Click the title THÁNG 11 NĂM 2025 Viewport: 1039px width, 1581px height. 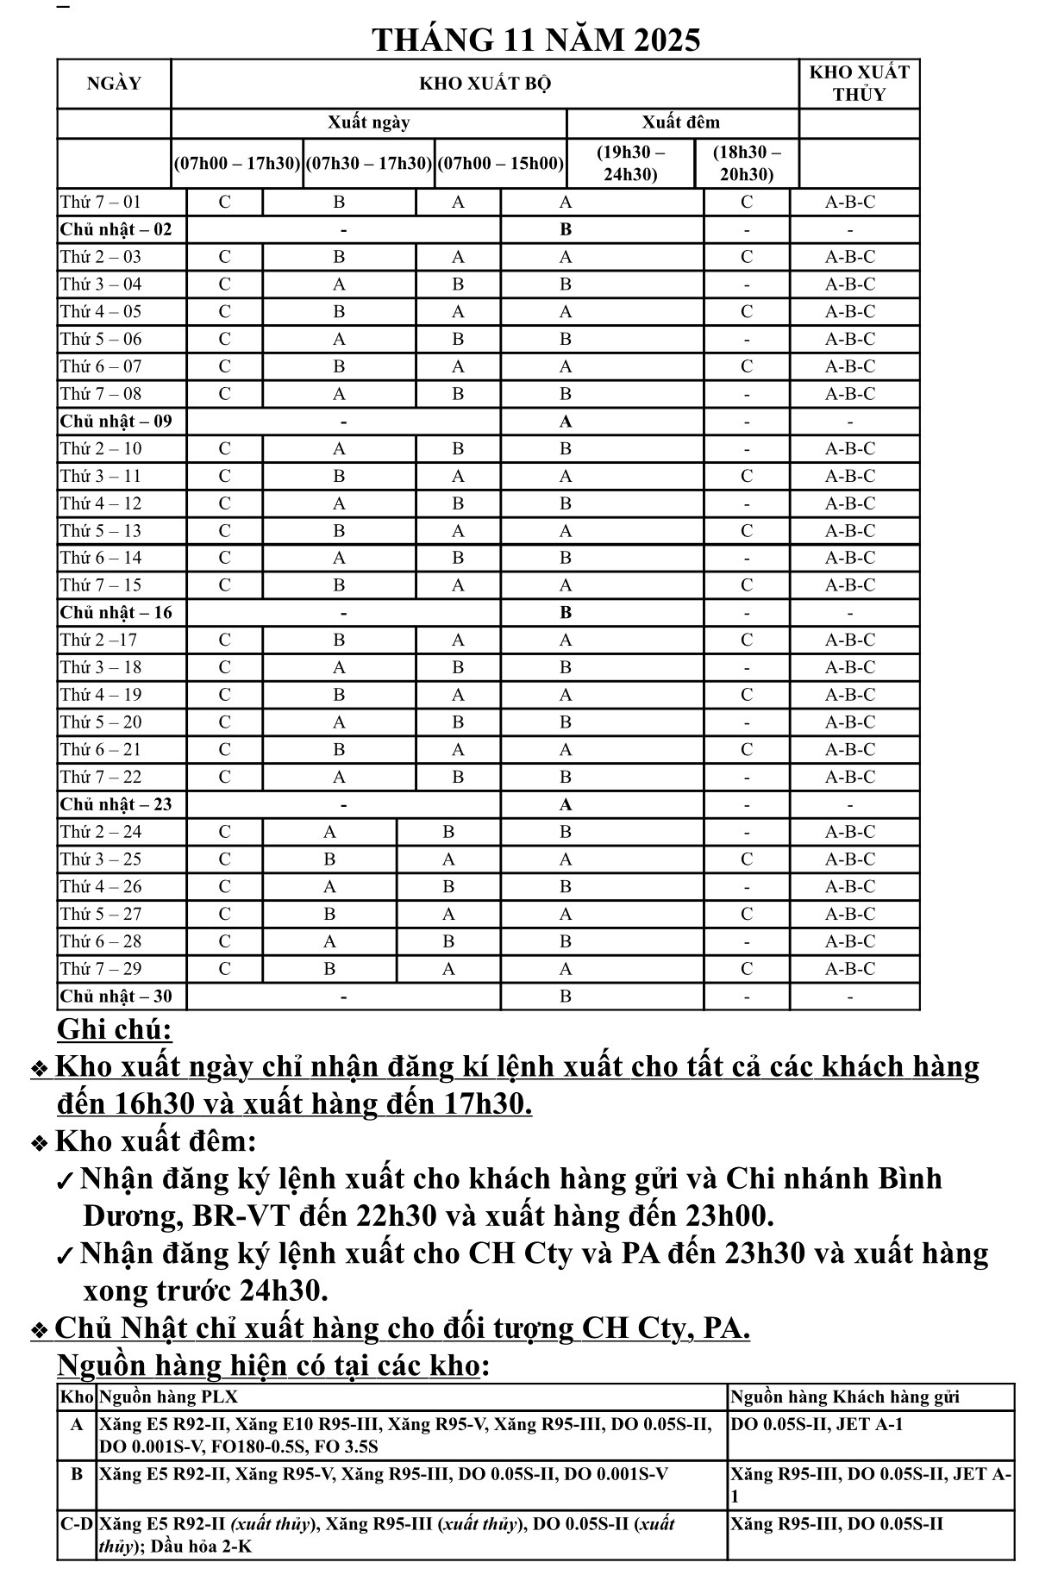(x=535, y=40)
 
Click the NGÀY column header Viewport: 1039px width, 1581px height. (x=114, y=84)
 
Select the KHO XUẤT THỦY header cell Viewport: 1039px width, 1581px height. (x=859, y=84)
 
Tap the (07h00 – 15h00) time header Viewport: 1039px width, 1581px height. (x=501, y=163)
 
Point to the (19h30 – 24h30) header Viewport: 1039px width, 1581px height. (x=630, y=163)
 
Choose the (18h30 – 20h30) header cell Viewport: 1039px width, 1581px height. (x=747, y=163)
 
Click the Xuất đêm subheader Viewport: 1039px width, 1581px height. (x=680, y=122)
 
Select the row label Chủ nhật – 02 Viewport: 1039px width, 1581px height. (x=116, y=229)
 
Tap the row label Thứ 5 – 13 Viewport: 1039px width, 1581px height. (x=101, y=531)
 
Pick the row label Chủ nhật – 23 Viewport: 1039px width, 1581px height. (x=116, y=804)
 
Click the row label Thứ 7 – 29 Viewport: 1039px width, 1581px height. (x=101, y=969)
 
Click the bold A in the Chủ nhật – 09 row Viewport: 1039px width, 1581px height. (x=565, y=422)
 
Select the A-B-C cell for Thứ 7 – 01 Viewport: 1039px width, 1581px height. (x=849, y=202)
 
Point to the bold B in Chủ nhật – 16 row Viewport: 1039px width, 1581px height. (x=565, y=613)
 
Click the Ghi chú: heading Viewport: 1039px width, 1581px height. (x=115, y=1029)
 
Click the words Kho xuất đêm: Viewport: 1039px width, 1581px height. (x=156, y=1141)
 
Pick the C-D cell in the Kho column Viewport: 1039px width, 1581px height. (x=77, y=1523)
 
